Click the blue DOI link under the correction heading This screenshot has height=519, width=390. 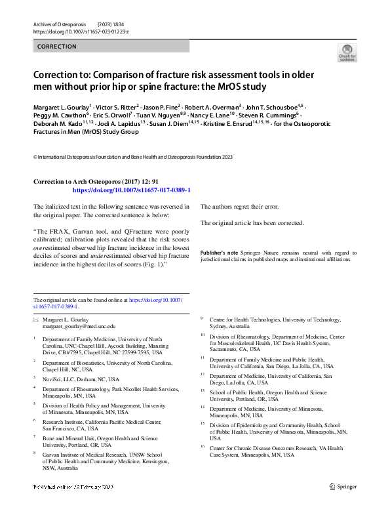point(131,190)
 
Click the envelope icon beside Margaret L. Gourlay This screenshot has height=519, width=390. point(37,320)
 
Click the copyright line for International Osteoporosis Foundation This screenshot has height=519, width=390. point(132,157)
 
